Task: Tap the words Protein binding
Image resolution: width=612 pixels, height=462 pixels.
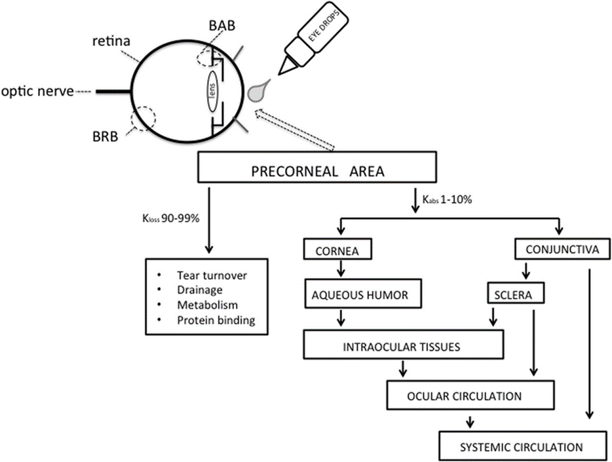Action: tap(216, 320)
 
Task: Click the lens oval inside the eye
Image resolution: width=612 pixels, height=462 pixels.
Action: tap(211, 89)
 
